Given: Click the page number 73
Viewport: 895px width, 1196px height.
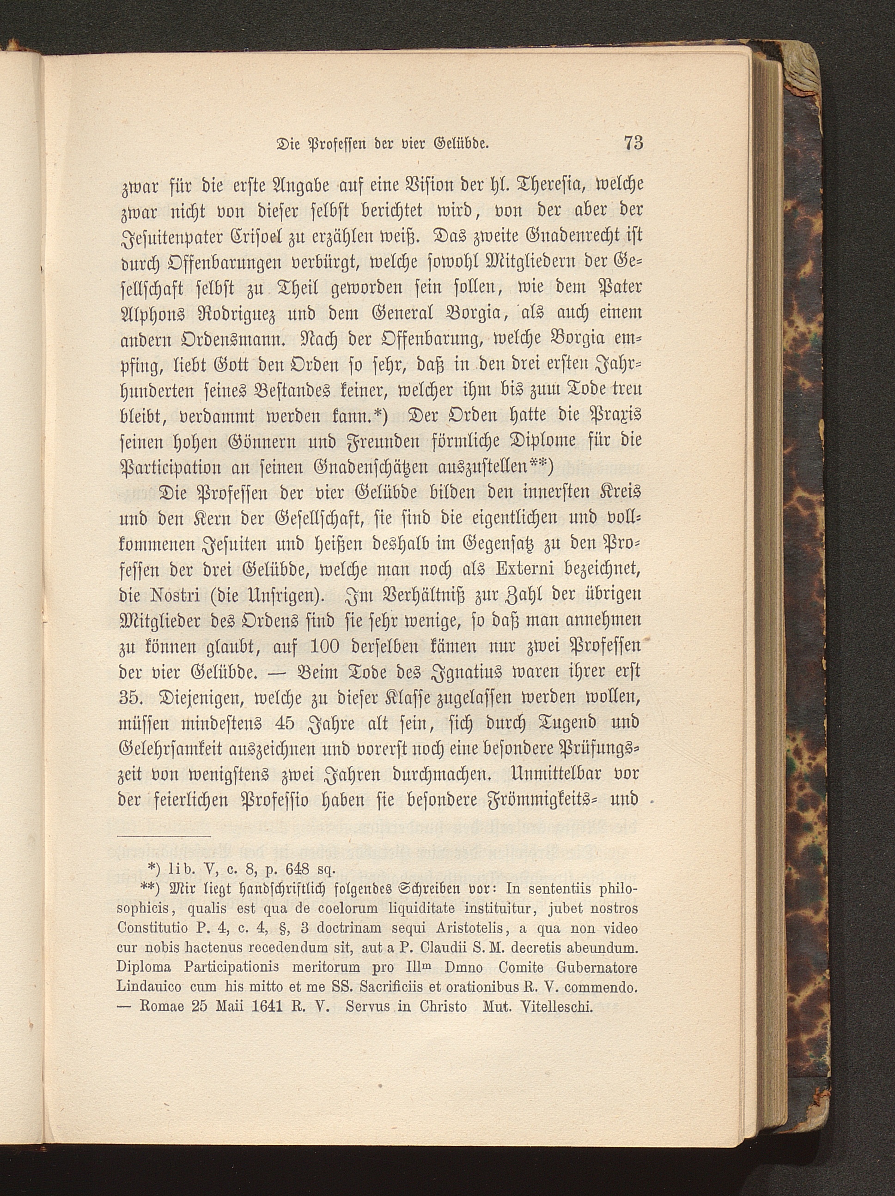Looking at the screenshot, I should click(633, 143).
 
